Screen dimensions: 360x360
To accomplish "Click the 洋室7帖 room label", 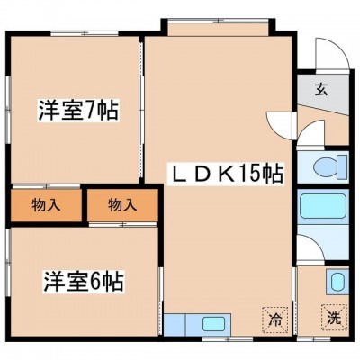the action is pos(78,110).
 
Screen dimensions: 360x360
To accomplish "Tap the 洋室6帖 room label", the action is pos(84,282).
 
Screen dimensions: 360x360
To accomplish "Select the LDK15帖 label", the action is pos(225,175).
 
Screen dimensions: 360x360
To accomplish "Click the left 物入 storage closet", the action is pos(46,206).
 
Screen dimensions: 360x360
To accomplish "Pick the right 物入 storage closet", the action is pos(122,206).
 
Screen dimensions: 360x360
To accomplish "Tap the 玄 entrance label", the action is pos(321,90).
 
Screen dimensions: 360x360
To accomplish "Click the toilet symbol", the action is pos(330,166).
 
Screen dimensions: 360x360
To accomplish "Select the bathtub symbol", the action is pos(323,206).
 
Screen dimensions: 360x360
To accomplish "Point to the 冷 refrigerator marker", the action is pos(274,320).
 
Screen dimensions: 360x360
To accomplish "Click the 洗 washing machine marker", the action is pos(334,319).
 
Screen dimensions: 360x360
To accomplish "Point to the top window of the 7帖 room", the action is pos(85,34).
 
